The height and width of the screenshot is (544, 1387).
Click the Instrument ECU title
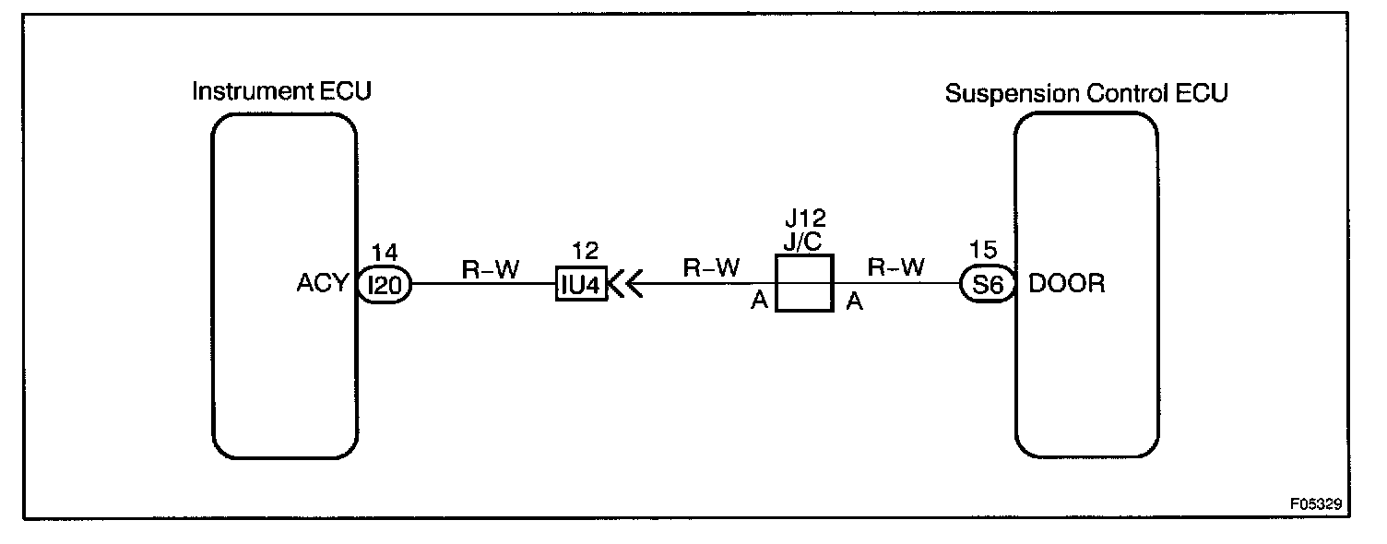[x=281, y=91]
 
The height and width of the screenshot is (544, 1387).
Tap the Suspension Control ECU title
[x=1086, y=93]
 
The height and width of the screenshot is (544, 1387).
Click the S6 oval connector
[x=988, y=285]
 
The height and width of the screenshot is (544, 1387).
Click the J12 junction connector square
[x=805, y=284]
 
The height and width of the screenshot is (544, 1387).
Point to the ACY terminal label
[x=324, y=285]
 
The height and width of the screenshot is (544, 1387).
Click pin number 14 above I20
[x=383, y=252]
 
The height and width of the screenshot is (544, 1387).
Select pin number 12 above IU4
[x=585, y=252]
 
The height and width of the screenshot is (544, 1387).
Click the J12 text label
[x=805, y=219]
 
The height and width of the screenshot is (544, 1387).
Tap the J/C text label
[x=805, y=243]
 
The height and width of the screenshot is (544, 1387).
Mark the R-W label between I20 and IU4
[x=491, y=268]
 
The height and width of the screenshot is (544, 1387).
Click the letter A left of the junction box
[x=760, y=302]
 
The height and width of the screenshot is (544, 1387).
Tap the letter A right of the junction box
[x=854, y=302]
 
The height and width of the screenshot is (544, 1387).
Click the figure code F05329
[x=1316, y=505]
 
